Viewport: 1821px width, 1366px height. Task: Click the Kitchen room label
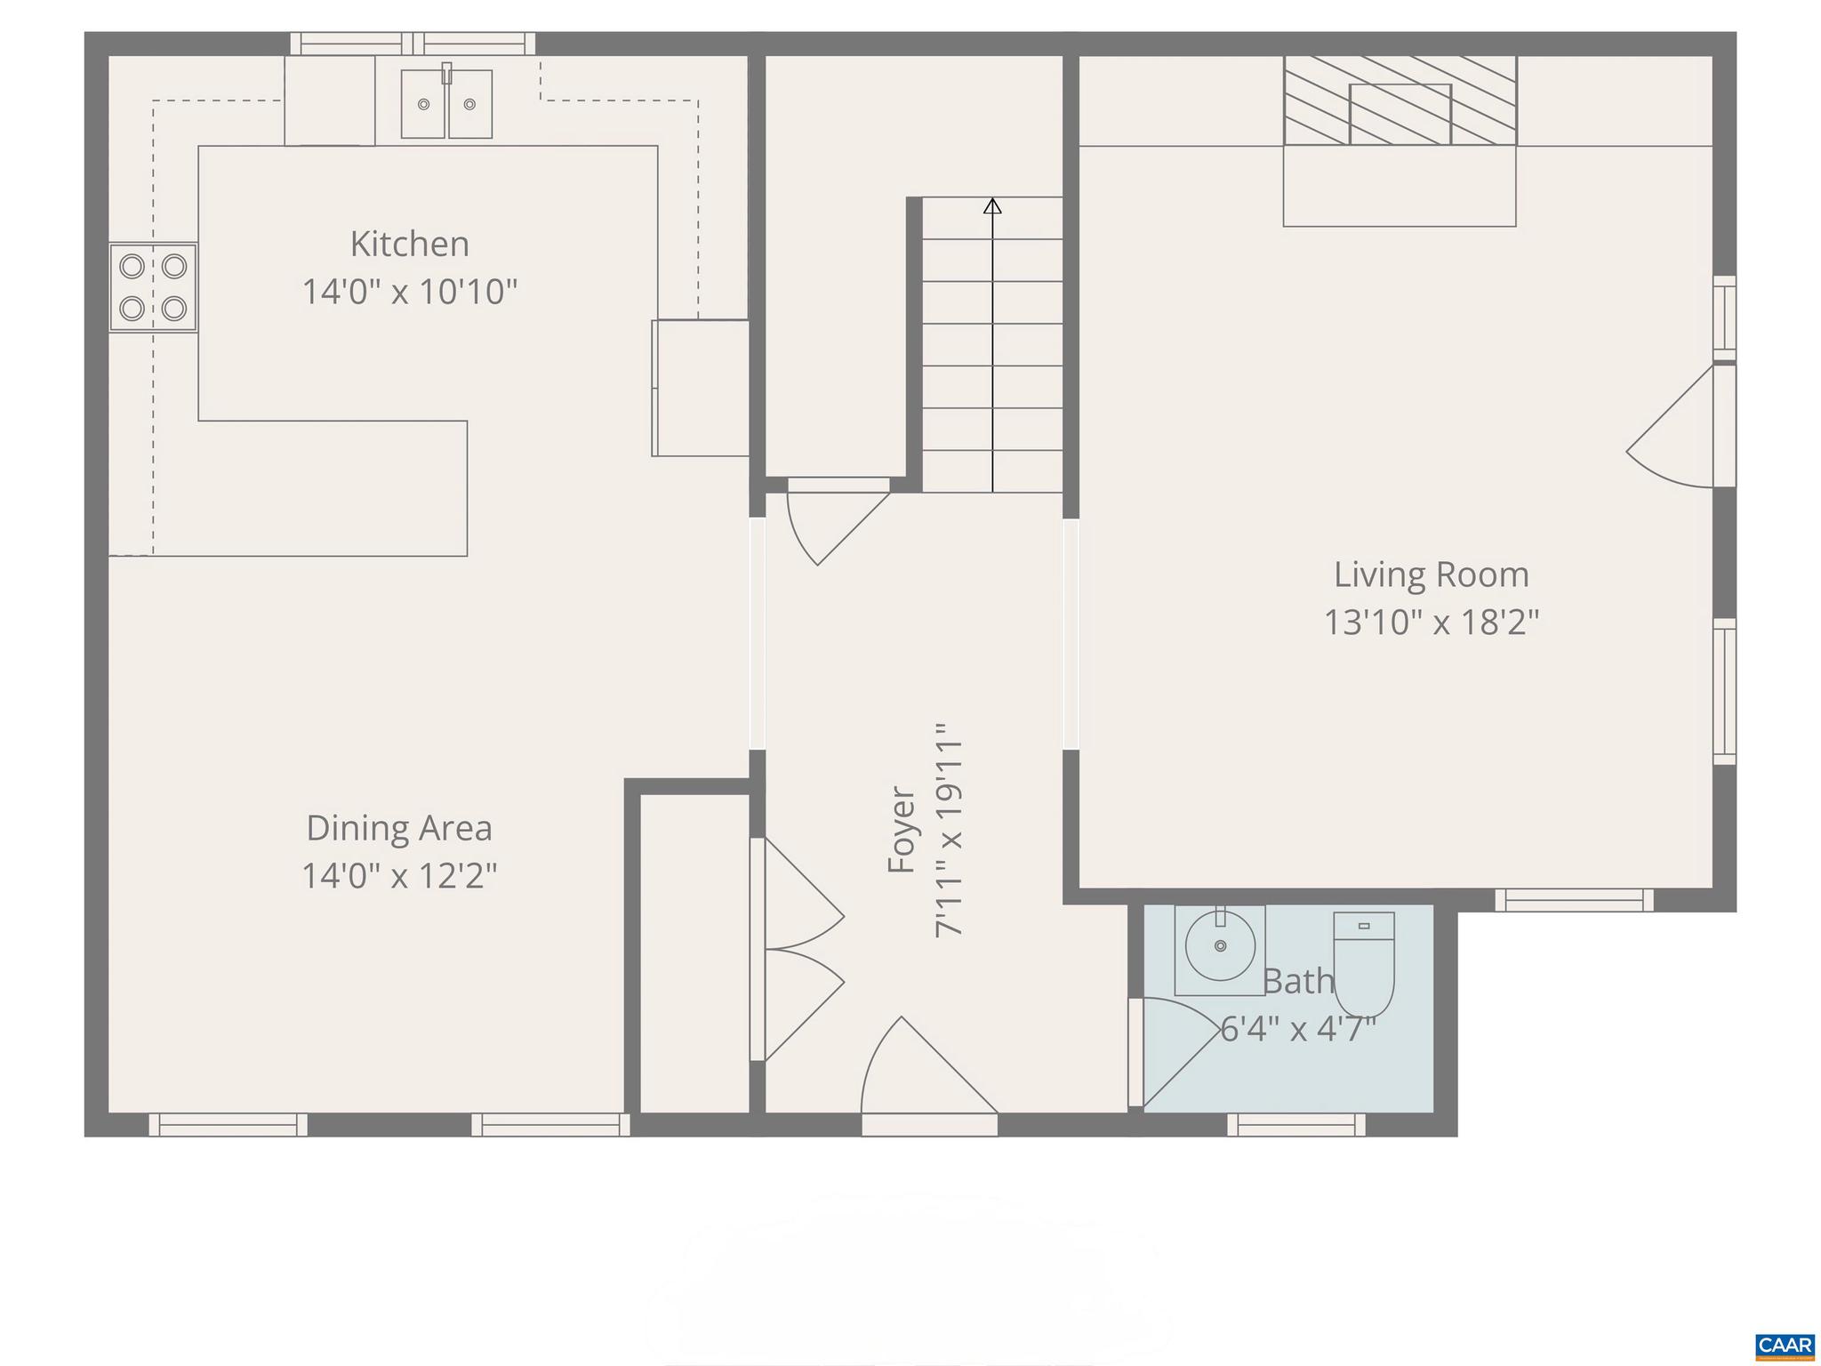coord(409,245)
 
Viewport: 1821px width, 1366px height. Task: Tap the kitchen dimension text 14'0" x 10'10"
coord(409,292)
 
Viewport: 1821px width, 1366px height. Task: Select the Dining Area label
coord(399,828)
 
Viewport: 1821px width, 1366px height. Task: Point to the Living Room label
coord(1432,575)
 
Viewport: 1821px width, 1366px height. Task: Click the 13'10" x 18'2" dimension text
coord(1432,622)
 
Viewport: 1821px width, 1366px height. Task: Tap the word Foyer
coord(902,829)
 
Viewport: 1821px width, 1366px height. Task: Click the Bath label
coord(1298,982)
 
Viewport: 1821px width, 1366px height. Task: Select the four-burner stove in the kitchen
coord(153,287)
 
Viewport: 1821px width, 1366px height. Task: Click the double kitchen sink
coord(446,104)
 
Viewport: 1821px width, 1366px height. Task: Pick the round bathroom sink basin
coord(1220,945)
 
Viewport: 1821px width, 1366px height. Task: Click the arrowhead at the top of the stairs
coord(992,206)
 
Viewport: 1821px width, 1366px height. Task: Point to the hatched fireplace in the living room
coord(1400,100)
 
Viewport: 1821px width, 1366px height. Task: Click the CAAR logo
coord(1785,1345)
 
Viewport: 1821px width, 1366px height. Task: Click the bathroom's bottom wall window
coord(1296,1125)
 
